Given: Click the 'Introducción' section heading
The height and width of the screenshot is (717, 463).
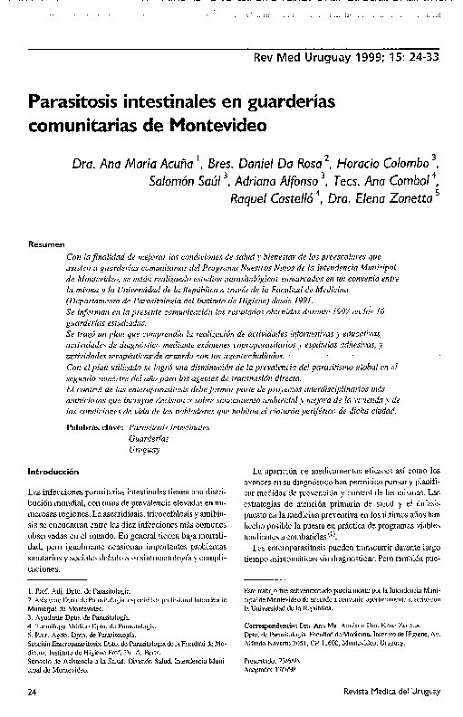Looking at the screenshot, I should [x=55, y=472].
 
